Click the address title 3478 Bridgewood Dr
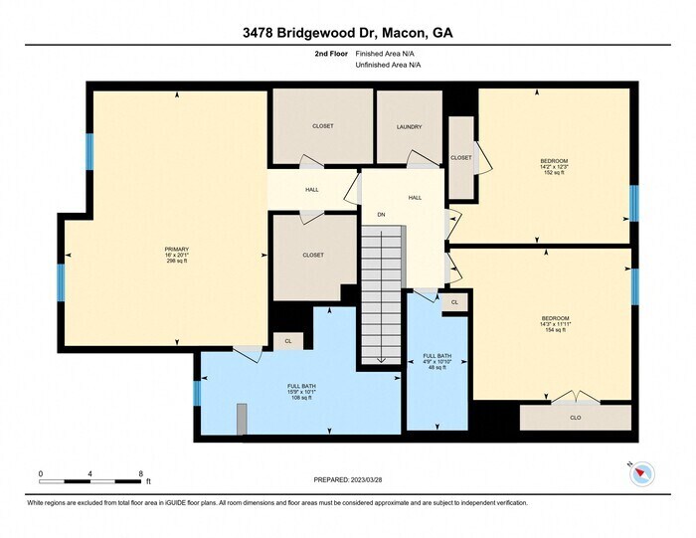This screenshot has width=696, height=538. tap(348, 32)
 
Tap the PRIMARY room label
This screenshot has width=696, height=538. tap(177, 249)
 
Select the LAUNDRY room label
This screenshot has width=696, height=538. tap(409, 127)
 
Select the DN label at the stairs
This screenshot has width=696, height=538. tap(381, 215)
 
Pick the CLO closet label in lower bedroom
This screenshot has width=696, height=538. tap(576, 418)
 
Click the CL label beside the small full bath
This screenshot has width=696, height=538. tap(454, 302)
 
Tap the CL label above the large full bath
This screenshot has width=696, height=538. tap(287, 341)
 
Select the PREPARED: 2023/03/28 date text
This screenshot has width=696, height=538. tap(347, 480)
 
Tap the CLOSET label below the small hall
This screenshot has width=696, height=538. tap(313, 256)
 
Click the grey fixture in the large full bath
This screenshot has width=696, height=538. tap(241, 419)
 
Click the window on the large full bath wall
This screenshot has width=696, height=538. tap(197, 395)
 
